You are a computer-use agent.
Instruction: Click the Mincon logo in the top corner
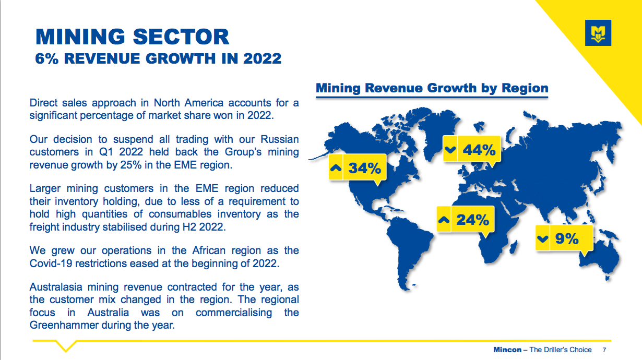[598, 33]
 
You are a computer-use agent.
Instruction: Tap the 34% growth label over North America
[364, 168]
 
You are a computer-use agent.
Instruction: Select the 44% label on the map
[479, 150]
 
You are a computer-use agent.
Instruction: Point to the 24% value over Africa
[472, 220]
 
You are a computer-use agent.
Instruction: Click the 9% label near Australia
[567, 238]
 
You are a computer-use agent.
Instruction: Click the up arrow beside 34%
[336, 168]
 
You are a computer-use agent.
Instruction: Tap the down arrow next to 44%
[450, 150]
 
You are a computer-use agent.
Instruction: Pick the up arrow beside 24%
[444, 220]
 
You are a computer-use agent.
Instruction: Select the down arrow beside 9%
[542, 238]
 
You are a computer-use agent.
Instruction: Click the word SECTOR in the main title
[181, 37]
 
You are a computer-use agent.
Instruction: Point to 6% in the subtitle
[47, 58]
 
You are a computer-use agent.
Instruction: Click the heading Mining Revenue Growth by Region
[432, 88]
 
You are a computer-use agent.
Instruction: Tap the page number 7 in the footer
[604, 350]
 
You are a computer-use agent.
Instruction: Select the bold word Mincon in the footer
[507, 350]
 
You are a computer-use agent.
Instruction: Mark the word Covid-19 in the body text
[51, 263]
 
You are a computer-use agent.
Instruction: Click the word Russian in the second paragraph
[279, 139]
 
